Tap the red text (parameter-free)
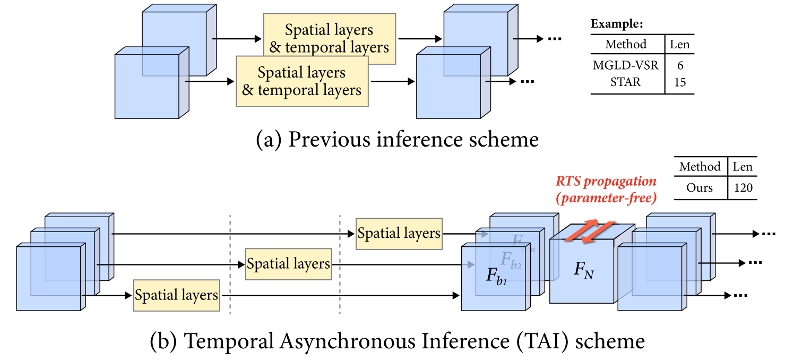coord(606,199)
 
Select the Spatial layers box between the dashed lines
coord(288,264)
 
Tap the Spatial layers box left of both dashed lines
coord(176,295)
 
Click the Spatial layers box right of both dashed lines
coord(399,234)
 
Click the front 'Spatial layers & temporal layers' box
coord(301,81)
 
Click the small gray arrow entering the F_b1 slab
coord(469,264)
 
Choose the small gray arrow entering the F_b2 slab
coord(482,234)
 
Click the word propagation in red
coord(620,182)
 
